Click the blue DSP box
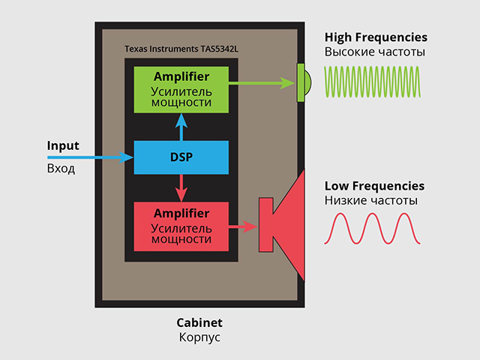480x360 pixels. coord(181,157)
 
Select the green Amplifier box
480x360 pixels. coord(181,90)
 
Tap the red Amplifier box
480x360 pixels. coord(181,226)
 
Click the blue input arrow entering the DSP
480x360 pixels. coord(91,157)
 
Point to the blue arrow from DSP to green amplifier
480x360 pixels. coord(181,127)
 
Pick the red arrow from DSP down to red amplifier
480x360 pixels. coord(181,188)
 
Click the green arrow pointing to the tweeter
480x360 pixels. coord(262,83)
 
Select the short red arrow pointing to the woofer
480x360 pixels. coord(244,226)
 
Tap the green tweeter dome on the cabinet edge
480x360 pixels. coord(304,82)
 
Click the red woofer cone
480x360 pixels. coord(285,225)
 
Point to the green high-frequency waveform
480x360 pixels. coord(372,82)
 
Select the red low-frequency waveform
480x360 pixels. coord(372,229)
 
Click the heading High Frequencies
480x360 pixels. coord(376,37)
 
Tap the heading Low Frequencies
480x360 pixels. coord(375,186)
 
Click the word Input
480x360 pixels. coord(63,146)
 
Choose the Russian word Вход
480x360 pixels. coord(61,169)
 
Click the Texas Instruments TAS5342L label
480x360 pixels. coord(181,49)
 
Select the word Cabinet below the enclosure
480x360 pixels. coord(199,322)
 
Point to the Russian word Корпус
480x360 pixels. coord(199,337)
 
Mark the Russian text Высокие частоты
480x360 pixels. coord(375,52)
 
